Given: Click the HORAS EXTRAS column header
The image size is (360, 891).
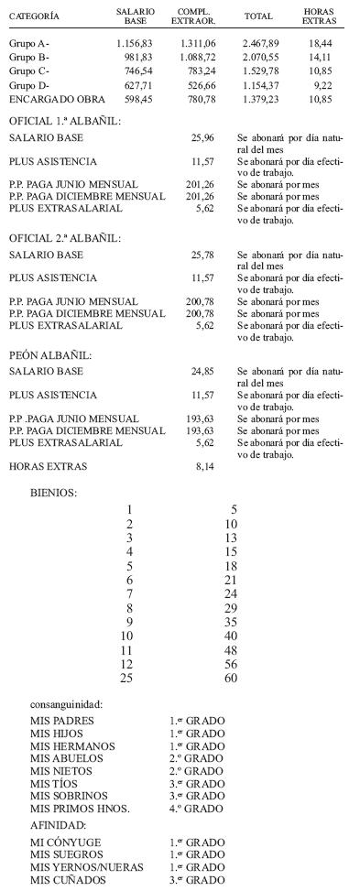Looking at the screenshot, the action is tap(319, 16).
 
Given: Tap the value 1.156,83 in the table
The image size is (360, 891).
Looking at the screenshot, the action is tap(136, 43).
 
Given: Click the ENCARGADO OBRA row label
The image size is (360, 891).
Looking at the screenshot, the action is tap(57, 98).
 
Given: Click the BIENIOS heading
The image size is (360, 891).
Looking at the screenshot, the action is tap(54, 493).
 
